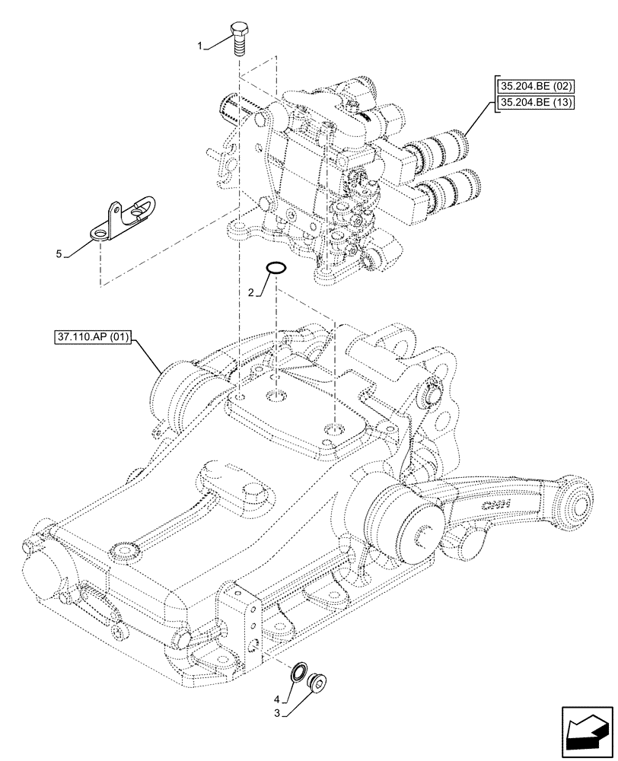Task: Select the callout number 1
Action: [x=200, y=47]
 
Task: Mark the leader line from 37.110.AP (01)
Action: [x=148, y=356]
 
